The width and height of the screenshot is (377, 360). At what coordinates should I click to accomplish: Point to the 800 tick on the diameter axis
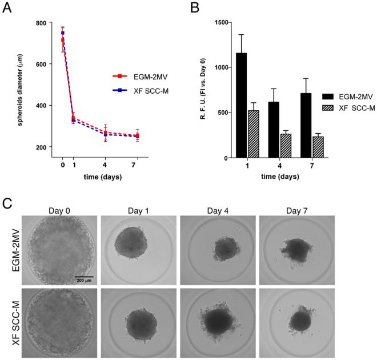[39, 23]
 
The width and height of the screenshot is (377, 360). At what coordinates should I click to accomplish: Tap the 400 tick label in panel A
[39, 106]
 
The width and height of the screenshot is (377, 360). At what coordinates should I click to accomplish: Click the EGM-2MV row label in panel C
[13, 250]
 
